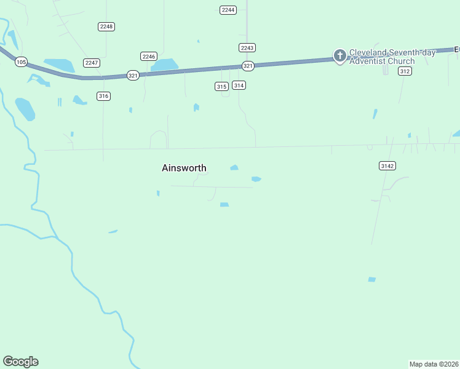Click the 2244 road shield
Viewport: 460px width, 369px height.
[228, 10]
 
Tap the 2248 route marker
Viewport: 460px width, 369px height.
[106, 26]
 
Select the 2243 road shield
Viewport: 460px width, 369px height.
[247, 47]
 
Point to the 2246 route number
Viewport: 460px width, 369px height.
[149, 56]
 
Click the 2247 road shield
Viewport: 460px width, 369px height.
[92, 63]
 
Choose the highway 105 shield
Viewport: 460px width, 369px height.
[21, 62]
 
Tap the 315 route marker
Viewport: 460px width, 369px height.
[221, 86]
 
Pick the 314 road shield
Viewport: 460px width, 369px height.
[239, 85]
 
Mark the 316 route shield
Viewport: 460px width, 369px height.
[103, 96]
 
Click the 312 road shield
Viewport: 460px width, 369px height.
[404, 71]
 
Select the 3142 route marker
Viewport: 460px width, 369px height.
[387, 165]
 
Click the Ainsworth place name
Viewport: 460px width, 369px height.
[184, 168]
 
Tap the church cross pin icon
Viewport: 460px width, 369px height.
[339, 56]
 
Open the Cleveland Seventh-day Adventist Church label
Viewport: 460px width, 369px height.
[392, 57]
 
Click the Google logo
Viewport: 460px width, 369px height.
[20, 362]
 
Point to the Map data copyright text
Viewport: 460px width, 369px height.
[434, 364]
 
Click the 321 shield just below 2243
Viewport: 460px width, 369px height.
[248, 66]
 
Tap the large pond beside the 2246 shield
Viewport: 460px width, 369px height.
[165, 65]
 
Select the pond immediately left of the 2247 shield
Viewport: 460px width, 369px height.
[59, 65]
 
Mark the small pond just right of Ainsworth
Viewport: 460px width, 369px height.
[234, 167]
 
